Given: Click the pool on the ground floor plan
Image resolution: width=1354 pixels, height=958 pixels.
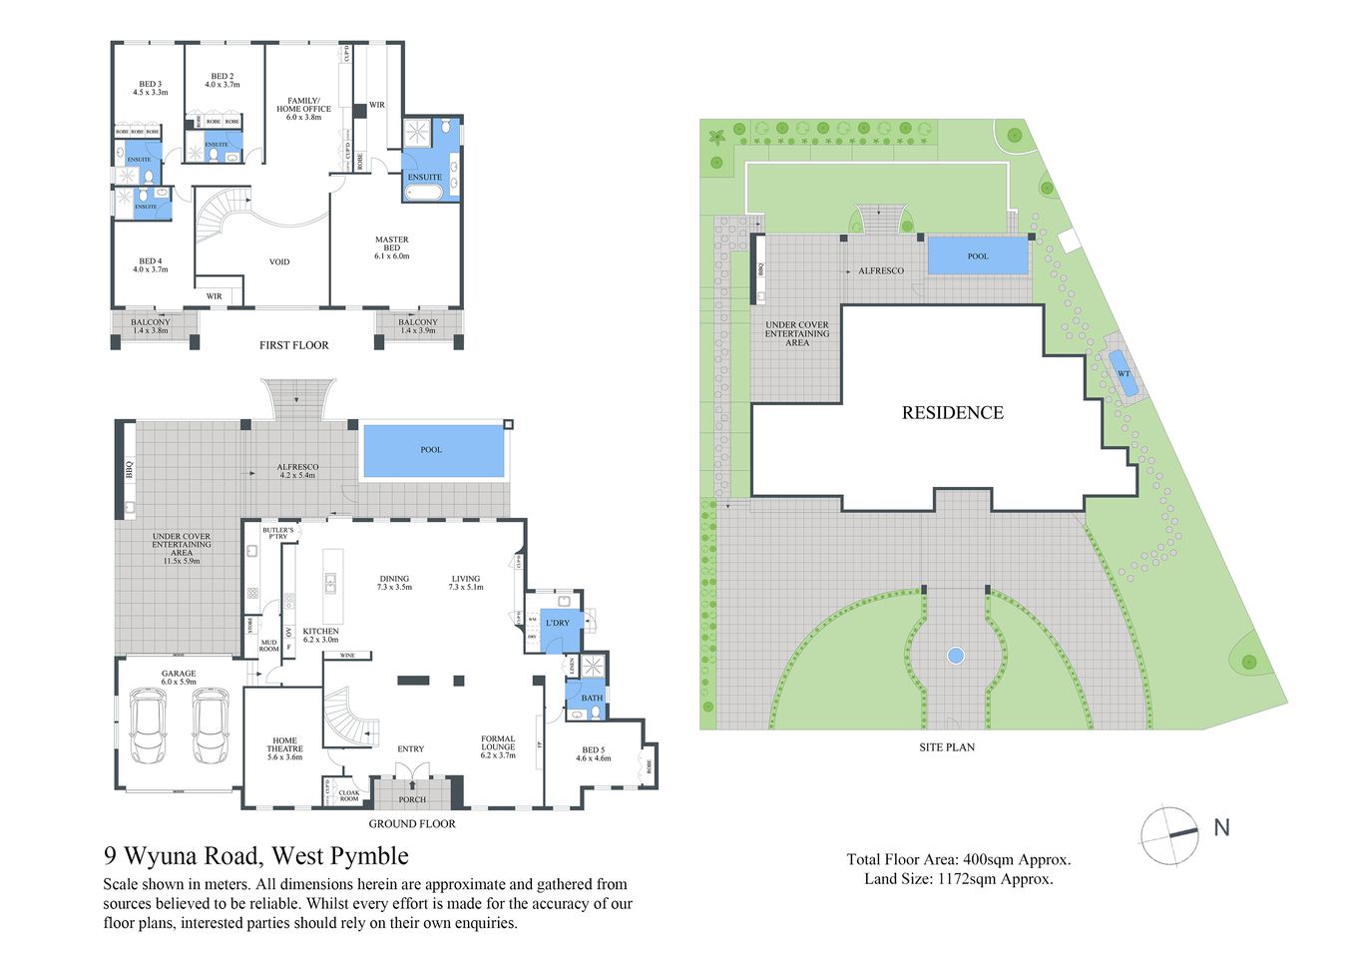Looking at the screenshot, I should point(432,451).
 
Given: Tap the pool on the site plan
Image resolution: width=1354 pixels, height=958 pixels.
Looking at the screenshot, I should point(977,255).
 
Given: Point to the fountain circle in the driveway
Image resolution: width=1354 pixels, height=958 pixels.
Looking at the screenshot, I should point(955,656).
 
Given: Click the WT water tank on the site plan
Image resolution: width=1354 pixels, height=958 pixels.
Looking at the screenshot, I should point(1124,373).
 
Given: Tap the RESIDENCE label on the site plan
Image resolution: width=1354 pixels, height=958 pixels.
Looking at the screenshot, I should point(952,413).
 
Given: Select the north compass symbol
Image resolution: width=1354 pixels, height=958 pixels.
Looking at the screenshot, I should point(1170,834).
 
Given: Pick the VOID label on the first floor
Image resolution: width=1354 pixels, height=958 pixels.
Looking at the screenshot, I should point(279,262).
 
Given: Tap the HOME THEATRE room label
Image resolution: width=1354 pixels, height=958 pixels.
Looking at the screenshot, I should point(284,748).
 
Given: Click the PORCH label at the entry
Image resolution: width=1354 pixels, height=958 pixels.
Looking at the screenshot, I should point(412,799).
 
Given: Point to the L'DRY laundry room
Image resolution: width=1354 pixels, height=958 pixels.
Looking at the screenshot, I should point(558,623).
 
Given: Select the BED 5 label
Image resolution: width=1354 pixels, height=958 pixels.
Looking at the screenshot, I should point(593,753).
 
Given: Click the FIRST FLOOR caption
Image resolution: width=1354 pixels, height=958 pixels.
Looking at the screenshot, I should point(293,345).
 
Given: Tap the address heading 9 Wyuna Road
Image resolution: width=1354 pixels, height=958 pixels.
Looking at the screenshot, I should point(256,856).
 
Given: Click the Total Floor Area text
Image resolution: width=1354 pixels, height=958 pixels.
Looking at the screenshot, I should point(958,859).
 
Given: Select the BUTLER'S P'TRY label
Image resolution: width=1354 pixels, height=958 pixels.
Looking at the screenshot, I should point(278,534).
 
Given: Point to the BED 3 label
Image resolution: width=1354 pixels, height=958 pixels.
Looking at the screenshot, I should point(150,88).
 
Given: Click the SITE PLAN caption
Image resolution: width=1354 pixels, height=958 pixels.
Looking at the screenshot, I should point(946,746).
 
